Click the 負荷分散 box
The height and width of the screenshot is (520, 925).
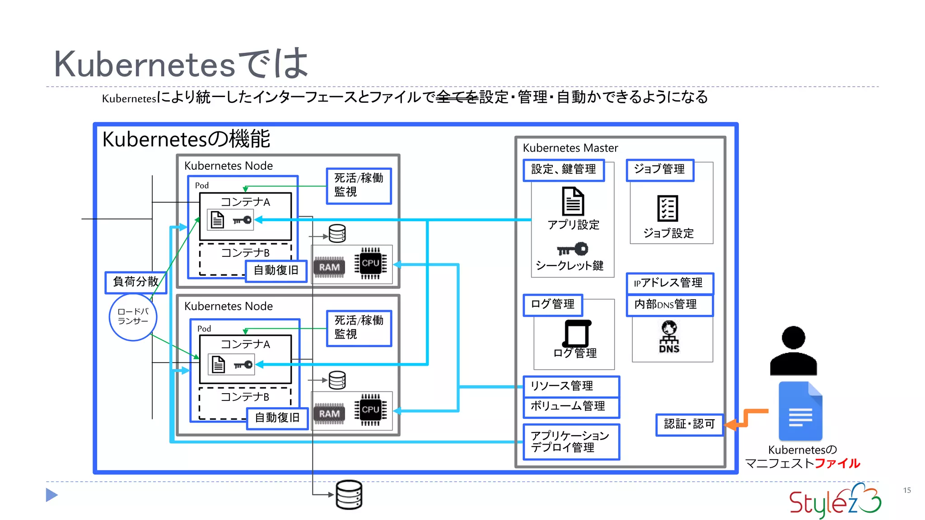click(135, 282)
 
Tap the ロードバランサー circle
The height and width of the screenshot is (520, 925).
click(133, 317)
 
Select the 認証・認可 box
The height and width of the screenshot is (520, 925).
click(689, 424)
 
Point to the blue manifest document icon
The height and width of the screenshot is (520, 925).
click(800, 411)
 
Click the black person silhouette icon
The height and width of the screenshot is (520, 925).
click(793, 351)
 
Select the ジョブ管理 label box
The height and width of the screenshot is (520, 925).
click(659, 170)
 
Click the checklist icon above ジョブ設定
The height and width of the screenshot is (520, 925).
click(667, 209)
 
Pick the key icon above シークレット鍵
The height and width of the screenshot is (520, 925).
click(572, 249)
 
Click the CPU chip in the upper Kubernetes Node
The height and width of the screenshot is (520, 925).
click(370, 264)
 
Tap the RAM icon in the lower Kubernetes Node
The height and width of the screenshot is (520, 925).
click(329, 414)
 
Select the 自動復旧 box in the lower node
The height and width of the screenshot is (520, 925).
click(277, 418)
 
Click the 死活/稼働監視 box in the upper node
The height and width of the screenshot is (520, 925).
click(359, 186)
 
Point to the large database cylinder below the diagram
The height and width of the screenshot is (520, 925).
click(349, 495)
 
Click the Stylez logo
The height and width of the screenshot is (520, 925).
click(835, 501)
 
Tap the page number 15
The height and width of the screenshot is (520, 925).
click(906, 490)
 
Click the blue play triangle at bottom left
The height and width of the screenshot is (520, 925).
click(51, 495)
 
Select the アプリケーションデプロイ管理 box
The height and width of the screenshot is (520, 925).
click(571, 442)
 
